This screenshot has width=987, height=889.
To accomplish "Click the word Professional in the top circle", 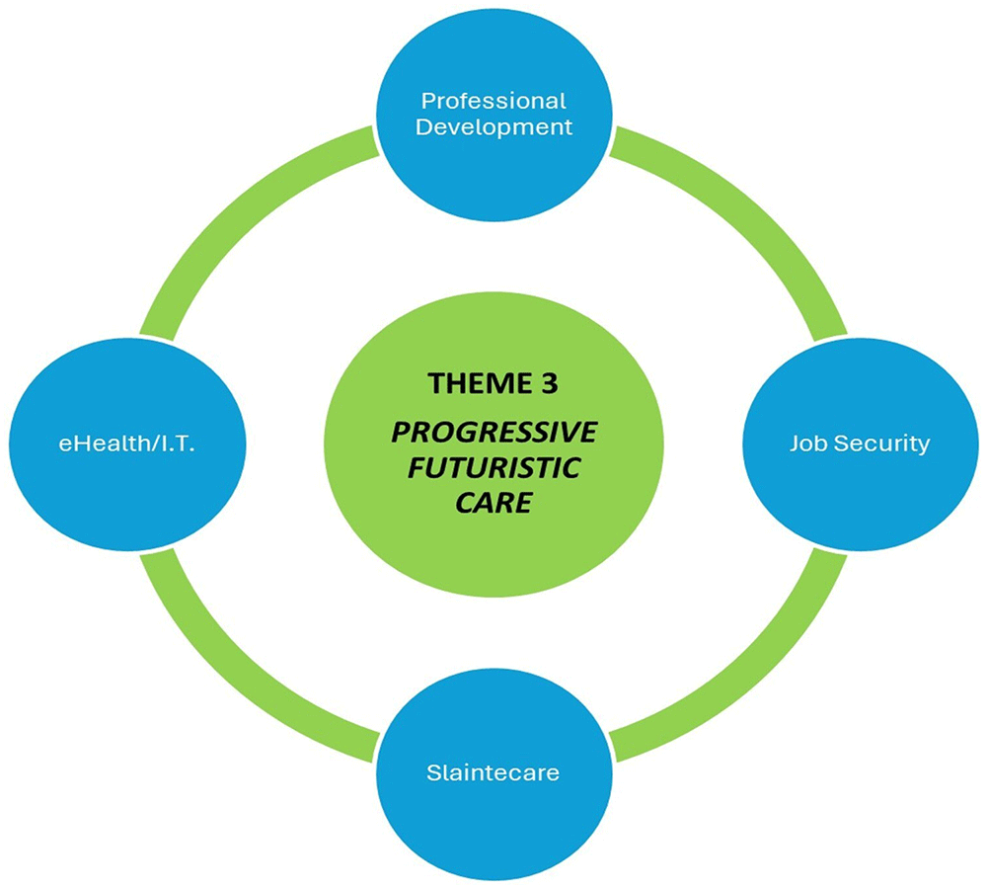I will pos(493,101).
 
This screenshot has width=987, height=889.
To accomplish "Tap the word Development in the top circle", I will pos(493,126).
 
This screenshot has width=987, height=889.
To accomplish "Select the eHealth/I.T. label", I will pos(125,444).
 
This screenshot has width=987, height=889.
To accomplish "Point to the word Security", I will pos(879,444).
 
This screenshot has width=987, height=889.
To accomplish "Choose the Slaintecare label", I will pos(493,771).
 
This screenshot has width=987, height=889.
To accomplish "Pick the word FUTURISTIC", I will pos(493,468).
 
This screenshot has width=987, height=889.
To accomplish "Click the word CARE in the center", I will pos(493,502).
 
